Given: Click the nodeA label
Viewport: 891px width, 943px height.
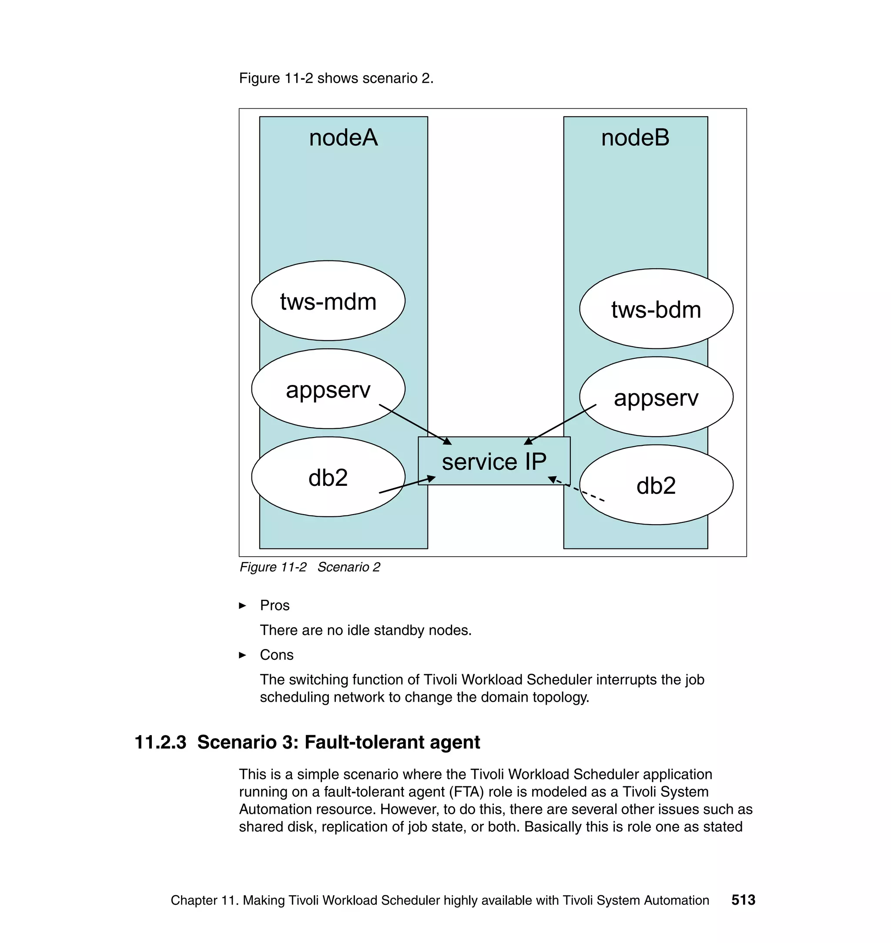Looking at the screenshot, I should [343, 138].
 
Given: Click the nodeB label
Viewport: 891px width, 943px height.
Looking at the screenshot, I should [635, 138].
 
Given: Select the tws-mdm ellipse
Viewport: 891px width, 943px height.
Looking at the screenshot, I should [328, 301].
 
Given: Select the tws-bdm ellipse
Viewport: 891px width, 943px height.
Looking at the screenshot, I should [656, 309].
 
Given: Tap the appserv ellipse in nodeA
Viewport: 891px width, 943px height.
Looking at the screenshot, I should [328, 389].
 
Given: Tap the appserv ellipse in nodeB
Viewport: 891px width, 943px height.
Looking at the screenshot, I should [656, 397].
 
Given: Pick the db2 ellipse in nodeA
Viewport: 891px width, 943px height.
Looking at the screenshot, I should [328, 477].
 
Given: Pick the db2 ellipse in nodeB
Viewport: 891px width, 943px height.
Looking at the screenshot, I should [656, 485].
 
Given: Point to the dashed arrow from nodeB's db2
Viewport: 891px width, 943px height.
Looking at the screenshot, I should [577, 489].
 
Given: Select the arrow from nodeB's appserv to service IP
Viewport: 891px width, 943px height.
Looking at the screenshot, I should [560, 425].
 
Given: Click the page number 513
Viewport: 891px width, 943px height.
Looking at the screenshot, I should [743, 900].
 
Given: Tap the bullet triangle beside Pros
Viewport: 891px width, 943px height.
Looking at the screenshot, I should [243, 606].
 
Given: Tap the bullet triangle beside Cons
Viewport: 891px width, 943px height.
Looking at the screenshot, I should [243, 655].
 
